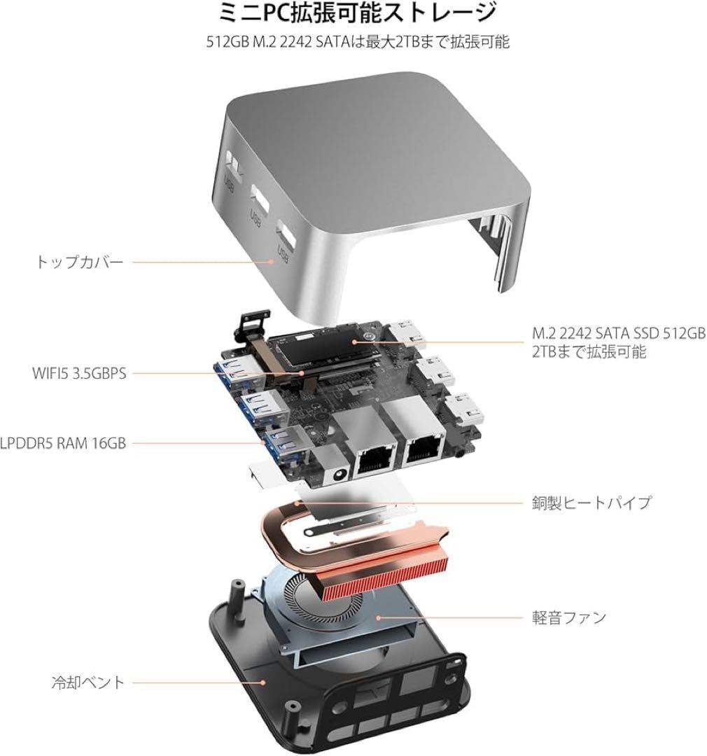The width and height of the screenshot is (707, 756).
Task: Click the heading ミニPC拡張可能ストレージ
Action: tap(353, 13)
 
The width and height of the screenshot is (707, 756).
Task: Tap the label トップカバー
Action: tap(79, 262)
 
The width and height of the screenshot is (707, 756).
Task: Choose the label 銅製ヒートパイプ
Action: tap(591, 503)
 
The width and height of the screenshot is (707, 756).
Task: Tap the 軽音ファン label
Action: tap(568, 617)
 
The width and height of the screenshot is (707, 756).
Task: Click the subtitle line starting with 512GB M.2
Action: tap(353, 42)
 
